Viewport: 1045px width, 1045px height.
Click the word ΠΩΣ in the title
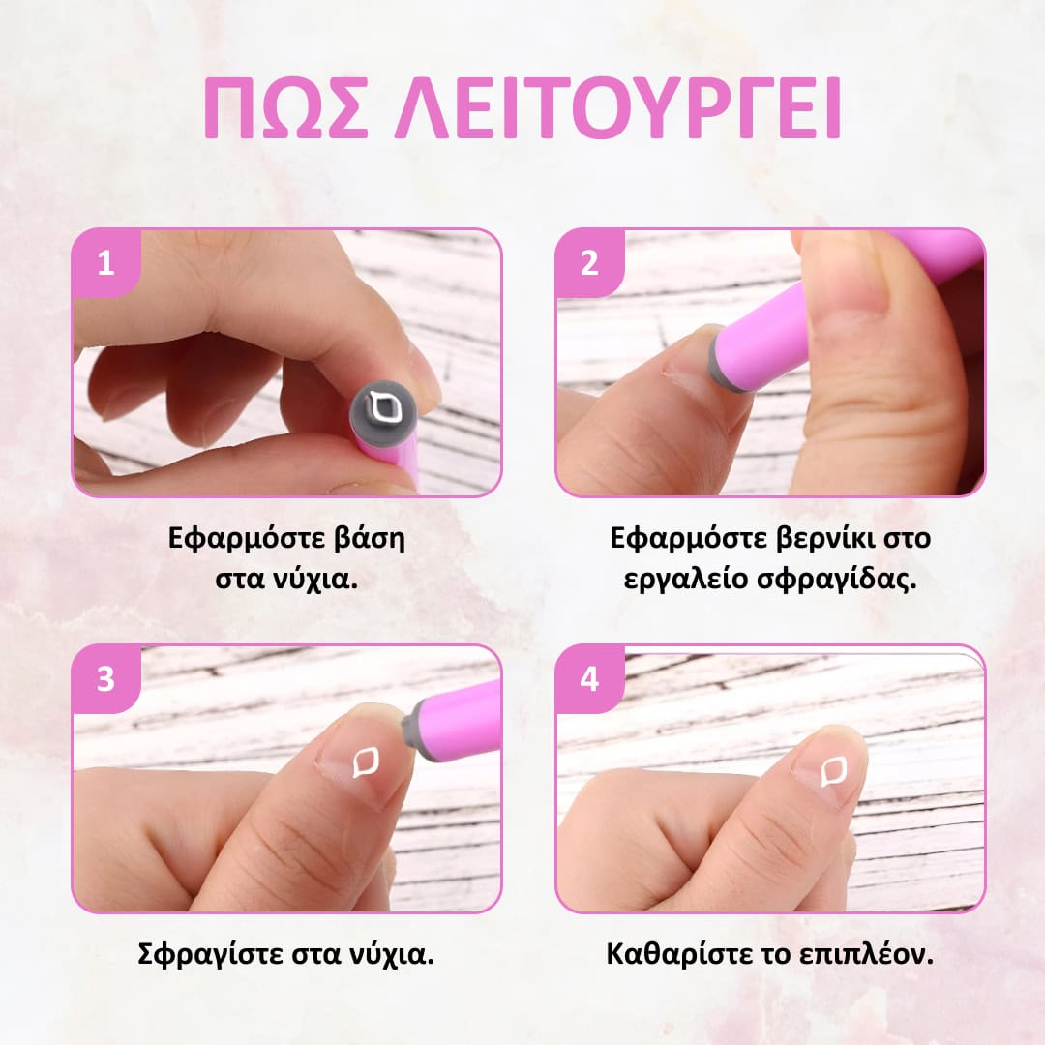[285, 107]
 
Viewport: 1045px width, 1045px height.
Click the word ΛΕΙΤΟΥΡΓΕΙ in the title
[617, 107]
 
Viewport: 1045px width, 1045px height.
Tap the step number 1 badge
[105, 262]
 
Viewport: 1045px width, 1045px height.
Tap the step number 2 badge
[589, 262]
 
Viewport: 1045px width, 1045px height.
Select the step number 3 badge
[105, 678]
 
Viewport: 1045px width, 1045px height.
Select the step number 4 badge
[589, 678]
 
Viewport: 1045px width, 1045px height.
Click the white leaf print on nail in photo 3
[366, 762]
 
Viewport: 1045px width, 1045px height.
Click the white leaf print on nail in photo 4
[833, 771]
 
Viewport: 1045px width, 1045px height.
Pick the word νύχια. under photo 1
[315, 579]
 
